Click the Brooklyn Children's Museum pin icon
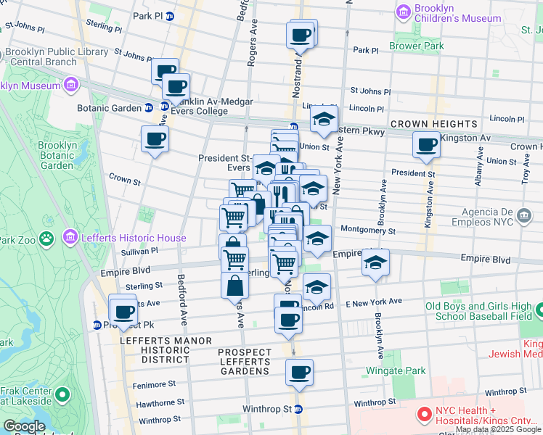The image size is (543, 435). tap(403, 12)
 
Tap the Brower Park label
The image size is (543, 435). tap(418, 46)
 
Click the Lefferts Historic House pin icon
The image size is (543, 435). tap(70, 236)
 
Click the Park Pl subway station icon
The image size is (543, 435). tap(170, 15)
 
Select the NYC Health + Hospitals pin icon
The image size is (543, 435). tap(424, 415)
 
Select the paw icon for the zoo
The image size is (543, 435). tap(46, 237)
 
